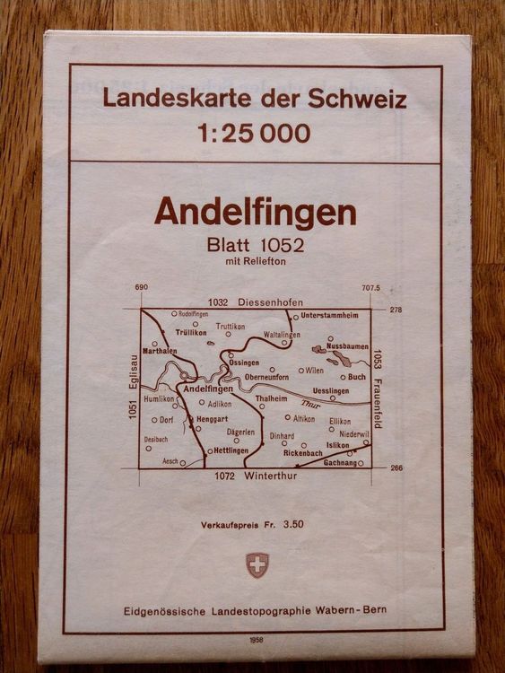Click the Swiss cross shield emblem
point(257,564)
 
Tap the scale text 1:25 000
point(254,134)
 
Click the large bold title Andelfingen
point(255,213)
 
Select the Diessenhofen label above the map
point(272,302)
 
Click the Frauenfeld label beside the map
point(377,398)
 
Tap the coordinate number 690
point(140,288)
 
